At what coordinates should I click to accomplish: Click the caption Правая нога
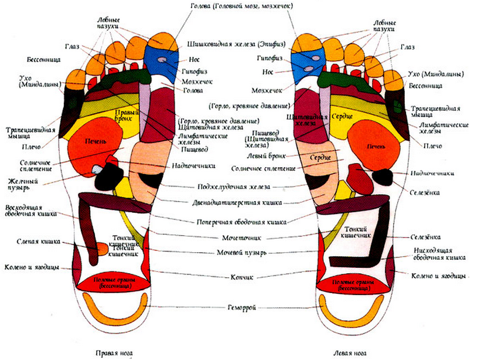(x=114, y=354)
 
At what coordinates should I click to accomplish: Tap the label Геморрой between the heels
(x=241, y=307)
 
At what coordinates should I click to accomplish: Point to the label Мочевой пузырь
(x=241, y=253)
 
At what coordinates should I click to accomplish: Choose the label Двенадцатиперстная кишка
(x=241, y=202)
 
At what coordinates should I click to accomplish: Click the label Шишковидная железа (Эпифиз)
(x=234, y=44)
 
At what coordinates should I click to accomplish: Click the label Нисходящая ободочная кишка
(x=438, y=253)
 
